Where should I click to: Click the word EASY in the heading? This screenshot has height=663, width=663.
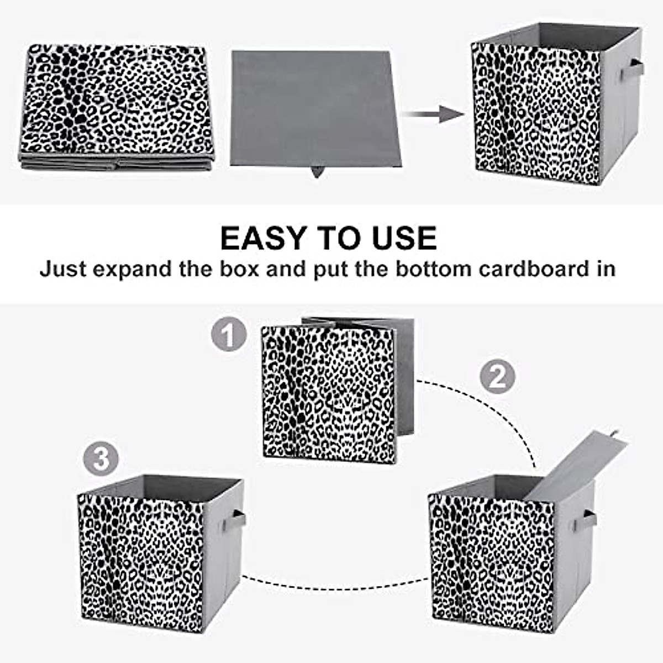point(265,238)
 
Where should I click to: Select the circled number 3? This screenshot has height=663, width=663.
point(101,459)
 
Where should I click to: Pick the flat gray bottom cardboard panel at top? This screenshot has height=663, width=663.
point(314,108)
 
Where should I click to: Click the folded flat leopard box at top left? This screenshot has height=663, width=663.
point(116,105)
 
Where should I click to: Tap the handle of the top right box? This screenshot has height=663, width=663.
point(632,70)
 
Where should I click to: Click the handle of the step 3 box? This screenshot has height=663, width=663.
point(237,519)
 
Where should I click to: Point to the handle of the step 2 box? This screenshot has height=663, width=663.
point(587,519)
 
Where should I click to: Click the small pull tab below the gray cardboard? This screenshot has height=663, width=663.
point(317,172)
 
